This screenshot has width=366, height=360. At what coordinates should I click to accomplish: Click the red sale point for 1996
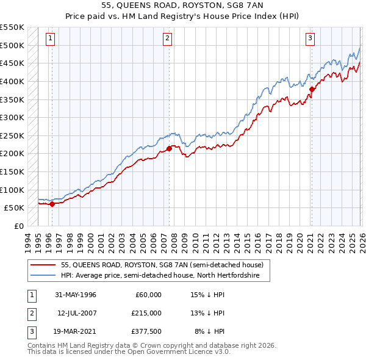point(52,204)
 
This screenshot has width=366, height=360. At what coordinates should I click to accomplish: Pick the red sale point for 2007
point(169,148)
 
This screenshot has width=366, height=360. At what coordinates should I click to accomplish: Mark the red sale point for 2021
point(311,89)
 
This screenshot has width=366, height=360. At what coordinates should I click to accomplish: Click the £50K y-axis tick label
point(15,208)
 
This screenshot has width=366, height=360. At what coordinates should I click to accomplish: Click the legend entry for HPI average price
point(160,276)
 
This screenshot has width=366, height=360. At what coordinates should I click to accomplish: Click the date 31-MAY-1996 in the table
point(76,295)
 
